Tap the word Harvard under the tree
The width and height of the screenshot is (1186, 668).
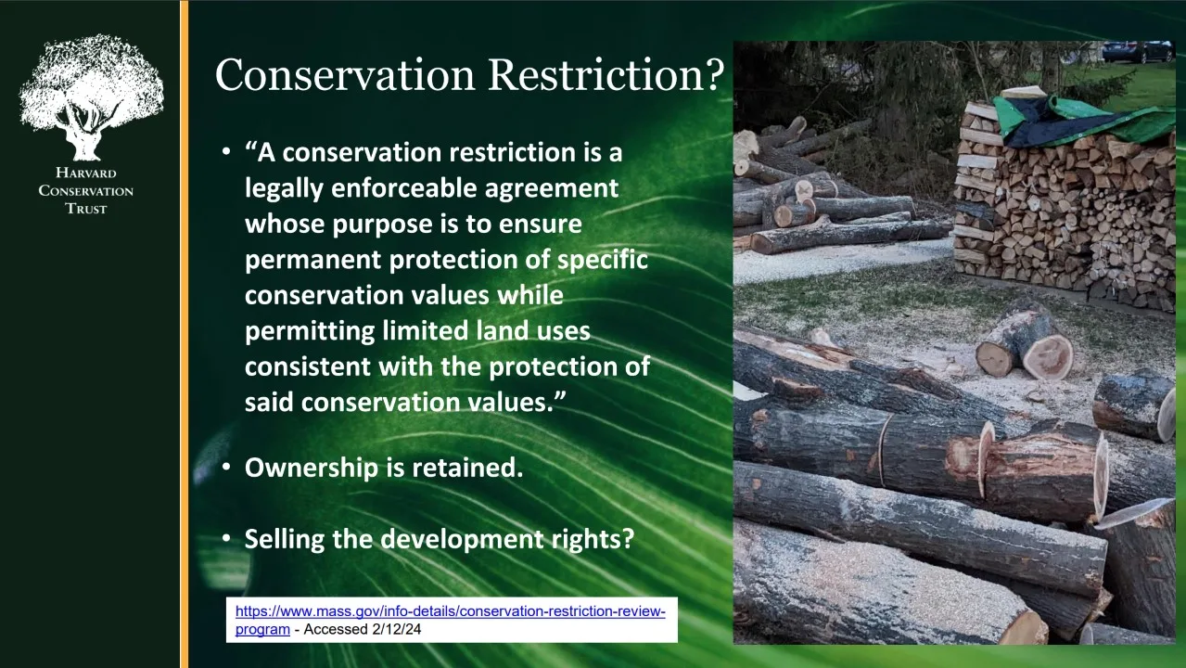[x=85, y=173]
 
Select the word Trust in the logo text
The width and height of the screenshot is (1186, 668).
[x=85, y=209]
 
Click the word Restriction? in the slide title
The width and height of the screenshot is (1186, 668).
[x=606, y=75]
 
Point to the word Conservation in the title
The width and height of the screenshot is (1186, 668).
[x=345, y=75]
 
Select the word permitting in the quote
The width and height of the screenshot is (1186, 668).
[x=310, y=331]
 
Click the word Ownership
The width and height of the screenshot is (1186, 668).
[x=312, y=469]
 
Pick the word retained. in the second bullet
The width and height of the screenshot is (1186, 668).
[x=467, y=468]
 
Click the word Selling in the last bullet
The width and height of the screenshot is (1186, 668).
[x=285, y=539]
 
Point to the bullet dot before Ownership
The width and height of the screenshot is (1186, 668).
[x=226, y=468]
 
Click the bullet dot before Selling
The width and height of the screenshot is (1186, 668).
[x=226, y=539]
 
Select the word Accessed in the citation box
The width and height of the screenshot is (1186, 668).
[x=336, y=629]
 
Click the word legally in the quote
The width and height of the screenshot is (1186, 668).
[x=284, y=189]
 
